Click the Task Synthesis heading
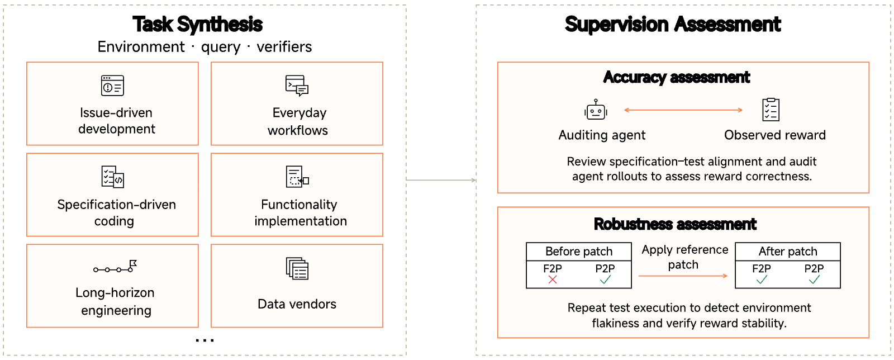click(198, 25)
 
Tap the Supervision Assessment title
click(673, 25)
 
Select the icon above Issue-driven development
click(112, 86)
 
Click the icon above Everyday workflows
click(297, 86)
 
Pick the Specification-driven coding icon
click(112, 177)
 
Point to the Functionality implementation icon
click(297, 177)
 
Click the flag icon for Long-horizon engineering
click(115, 267)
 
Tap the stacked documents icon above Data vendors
click(297, 268)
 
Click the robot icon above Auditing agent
click(596, 110)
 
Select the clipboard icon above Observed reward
click(771, 109)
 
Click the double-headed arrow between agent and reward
click(683, 110)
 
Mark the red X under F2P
click(553, 280)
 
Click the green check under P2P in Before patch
click(605, 280)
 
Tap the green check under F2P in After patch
click(762, 280)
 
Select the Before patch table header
click(579, 252)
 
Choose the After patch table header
click(788, 252)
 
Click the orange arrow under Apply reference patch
click(683, 276)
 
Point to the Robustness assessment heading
click(675, 224)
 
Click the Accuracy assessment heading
click(677, 78)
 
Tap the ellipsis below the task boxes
click(205, 340)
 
